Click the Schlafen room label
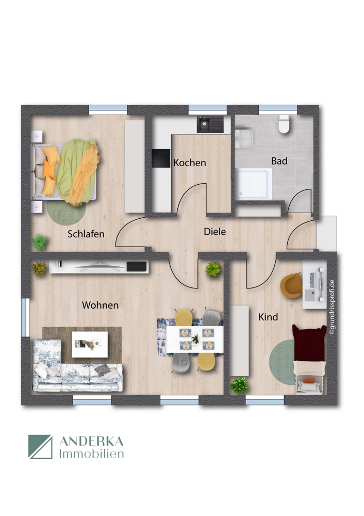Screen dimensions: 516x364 point(86,234)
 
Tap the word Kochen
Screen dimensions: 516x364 point(189,163)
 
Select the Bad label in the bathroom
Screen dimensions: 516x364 point(279,161)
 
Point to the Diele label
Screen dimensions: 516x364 point(214,232)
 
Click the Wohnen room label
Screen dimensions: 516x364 point(100,305)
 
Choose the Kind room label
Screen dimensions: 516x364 point(268,317)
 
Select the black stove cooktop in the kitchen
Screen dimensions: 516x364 point(160,158)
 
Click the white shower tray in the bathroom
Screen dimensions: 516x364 point(254,183)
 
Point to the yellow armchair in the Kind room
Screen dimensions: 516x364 point(291,285)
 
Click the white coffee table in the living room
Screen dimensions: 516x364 point(90,344)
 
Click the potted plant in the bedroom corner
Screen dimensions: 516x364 point(40,241)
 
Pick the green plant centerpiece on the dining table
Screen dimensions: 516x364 point(195,339)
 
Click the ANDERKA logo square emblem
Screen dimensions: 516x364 point(40,446)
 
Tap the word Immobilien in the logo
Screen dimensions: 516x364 point(92,454)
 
